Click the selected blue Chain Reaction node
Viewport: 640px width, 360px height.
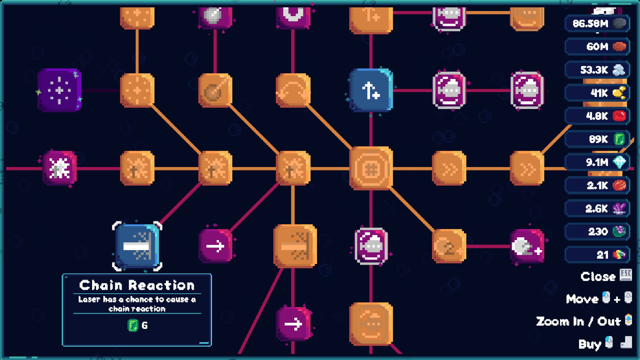pyautogui.click(x=137, y=246)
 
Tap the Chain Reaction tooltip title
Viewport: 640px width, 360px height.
pyautogui.click(x=137, y=285)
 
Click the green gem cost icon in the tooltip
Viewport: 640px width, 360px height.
pyautogui.click(x=133, y=325)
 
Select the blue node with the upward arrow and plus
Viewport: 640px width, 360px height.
pyautogui.click(x=371, y=90)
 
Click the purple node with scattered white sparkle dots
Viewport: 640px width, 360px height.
pyautogui.click(x=59, y=90)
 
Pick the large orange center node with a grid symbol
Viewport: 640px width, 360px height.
pyautogui.click(x=371, y=169)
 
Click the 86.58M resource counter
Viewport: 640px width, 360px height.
pyautogui.click(x=597, y=23)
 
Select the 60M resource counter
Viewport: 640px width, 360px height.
pyautogui.click(x=597, y=46)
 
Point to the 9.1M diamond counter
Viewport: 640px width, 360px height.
pyautogui.click(x=597, y=162)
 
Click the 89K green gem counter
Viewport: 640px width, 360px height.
pyautogui.click(x=597, y=139)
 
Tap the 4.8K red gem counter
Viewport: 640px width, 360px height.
pyautogui.click(x=597, y=116)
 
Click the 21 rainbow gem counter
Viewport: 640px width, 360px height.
pyautogui.click(x=597, y=255)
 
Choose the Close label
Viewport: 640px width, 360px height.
pyautogui.click(x=598, y=277)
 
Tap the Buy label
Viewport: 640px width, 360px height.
pyautogui.click(x=589, y=344)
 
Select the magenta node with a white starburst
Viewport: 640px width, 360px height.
pyautogui.click(x=59, y=168)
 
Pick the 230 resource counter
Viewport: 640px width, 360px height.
pyautogui.click(x=597, y=232)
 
